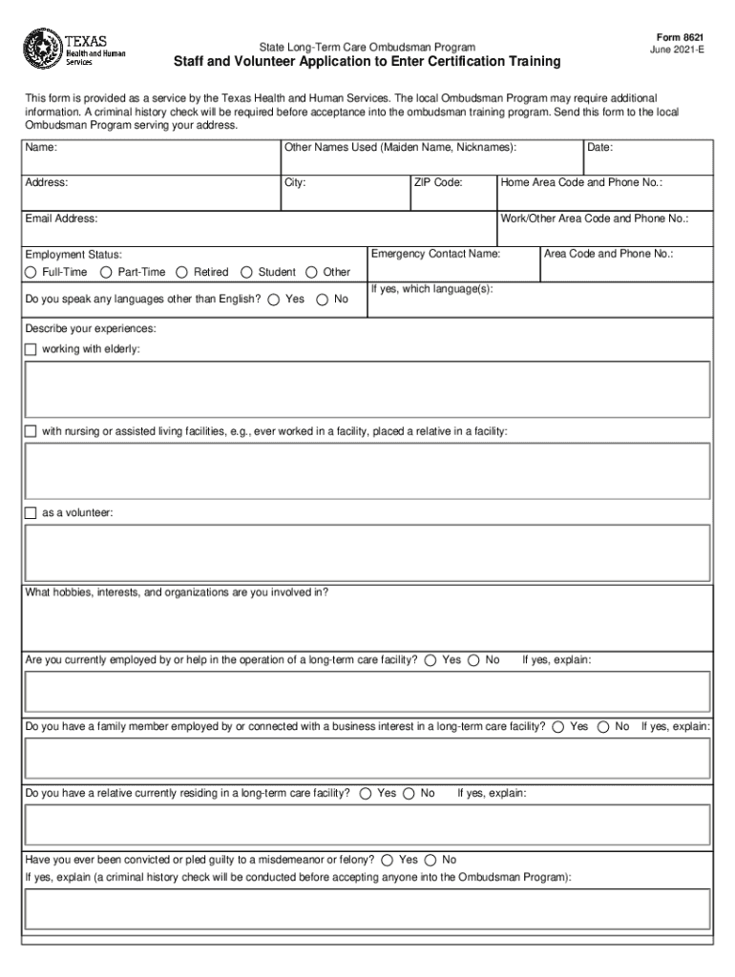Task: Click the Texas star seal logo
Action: [42, 45]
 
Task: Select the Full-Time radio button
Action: [32, 272]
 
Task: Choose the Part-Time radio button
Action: [106, 272]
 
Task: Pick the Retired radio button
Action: [183, 272]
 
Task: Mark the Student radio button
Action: [247, 272]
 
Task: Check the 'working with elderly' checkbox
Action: [31, 349]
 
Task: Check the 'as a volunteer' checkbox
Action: [31, 513]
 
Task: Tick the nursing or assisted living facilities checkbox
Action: [31, 432]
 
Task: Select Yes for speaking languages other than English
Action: [274, 300]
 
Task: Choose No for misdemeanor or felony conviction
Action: [430, 860]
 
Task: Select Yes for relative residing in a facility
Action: [367, 794]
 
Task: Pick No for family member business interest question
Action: [603, 727]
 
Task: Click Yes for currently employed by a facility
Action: [431, 660]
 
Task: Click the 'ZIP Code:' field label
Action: [438, 182]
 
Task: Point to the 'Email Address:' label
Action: [61, 218]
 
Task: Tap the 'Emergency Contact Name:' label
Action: [435, 254]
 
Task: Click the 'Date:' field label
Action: [599, 147]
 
